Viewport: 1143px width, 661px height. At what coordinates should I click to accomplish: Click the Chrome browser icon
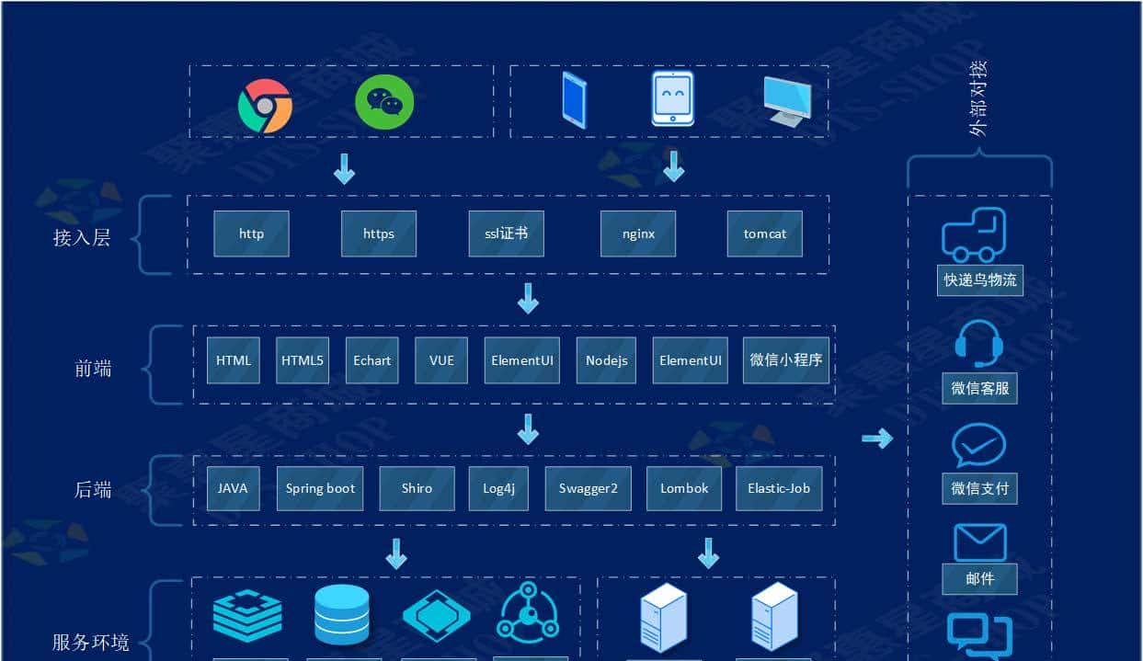point(265,106)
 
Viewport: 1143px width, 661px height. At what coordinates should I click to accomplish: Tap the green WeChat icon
point(384,101)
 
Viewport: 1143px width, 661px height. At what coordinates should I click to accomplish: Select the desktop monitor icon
point(786,101)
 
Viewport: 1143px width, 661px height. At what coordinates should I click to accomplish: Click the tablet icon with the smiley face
point(672,98)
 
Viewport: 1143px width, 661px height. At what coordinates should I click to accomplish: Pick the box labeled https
point(378,234)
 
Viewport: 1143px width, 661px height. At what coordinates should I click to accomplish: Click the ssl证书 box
point(506,234)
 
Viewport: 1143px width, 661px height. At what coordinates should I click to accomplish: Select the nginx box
point(638,234)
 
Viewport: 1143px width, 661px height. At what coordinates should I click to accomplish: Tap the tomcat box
point(764,234)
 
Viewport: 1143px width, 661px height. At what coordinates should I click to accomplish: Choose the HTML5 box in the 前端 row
point(303,360)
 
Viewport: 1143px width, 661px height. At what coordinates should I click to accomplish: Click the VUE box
point(441,360)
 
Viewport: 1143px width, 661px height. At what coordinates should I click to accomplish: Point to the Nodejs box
point(606,360)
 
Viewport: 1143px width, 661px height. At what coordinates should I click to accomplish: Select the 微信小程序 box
point(786,359)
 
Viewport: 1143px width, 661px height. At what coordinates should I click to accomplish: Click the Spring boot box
point(320,488)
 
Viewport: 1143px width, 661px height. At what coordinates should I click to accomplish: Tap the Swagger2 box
point(588,488)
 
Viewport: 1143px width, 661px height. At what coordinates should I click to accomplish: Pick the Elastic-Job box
point(778,488)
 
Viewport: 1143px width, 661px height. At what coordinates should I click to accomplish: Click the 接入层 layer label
point(82,238)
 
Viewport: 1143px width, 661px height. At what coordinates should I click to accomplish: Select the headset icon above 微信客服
point(977,344)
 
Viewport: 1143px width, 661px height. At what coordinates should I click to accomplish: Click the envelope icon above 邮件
point(979,542)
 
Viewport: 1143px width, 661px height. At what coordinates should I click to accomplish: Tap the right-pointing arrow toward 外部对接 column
point(877,439)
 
